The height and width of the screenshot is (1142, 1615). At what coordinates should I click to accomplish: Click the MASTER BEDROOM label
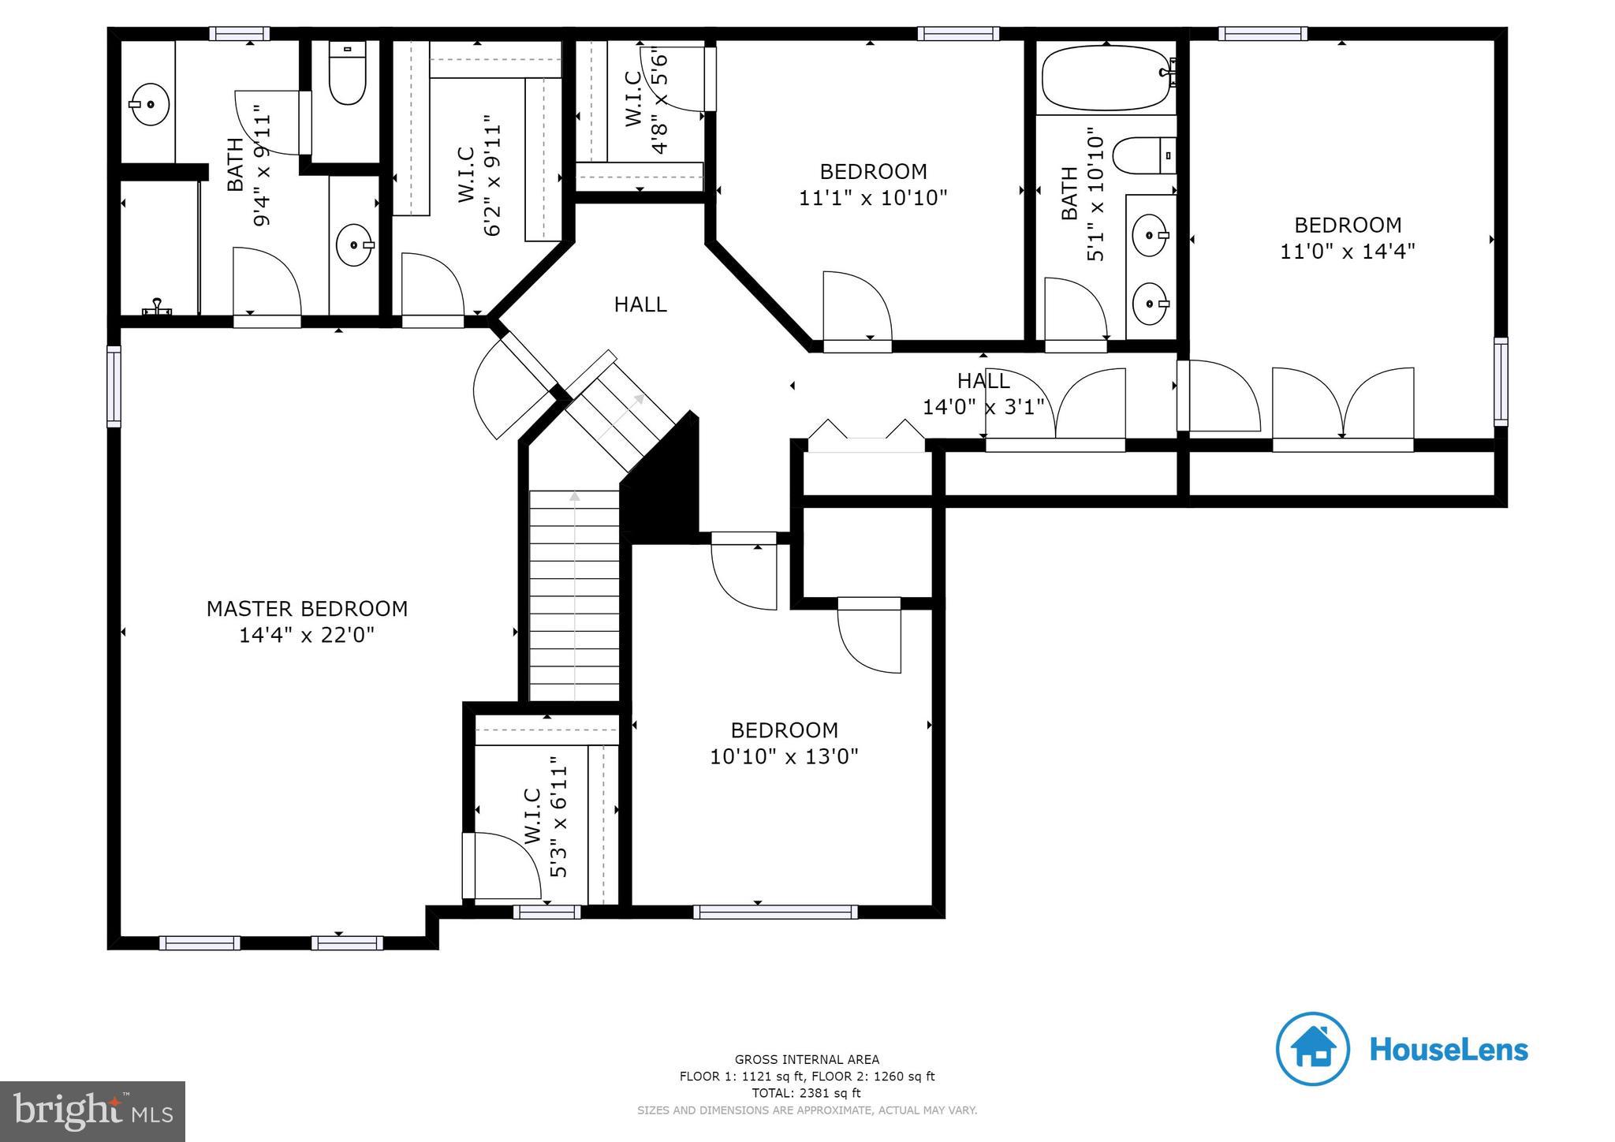point(307,609)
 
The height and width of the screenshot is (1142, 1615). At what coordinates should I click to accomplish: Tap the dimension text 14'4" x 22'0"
point(307,635)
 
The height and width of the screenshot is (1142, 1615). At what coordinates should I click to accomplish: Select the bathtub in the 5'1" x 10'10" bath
point(1106,77)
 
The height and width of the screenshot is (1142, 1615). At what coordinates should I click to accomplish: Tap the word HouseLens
point(1449,1050)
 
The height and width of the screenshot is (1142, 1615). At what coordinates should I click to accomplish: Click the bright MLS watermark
point(93,1110)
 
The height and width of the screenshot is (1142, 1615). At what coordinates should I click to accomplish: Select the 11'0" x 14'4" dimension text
point(1348,252)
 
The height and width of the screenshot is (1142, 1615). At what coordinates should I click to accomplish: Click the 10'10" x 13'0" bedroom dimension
point(784,757)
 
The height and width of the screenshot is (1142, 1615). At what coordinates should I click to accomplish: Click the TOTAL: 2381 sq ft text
point(807,1093)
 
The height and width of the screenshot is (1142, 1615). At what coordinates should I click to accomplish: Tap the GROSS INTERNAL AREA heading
point(807,1060)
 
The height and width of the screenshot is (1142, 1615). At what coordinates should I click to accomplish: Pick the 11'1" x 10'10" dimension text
point(873,198)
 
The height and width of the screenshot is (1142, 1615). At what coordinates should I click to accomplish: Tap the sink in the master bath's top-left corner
point(150,104)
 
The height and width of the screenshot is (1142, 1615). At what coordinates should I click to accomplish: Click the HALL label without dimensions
point(640,304)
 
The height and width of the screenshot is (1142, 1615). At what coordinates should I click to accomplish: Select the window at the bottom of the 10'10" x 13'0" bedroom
point(775,912)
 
